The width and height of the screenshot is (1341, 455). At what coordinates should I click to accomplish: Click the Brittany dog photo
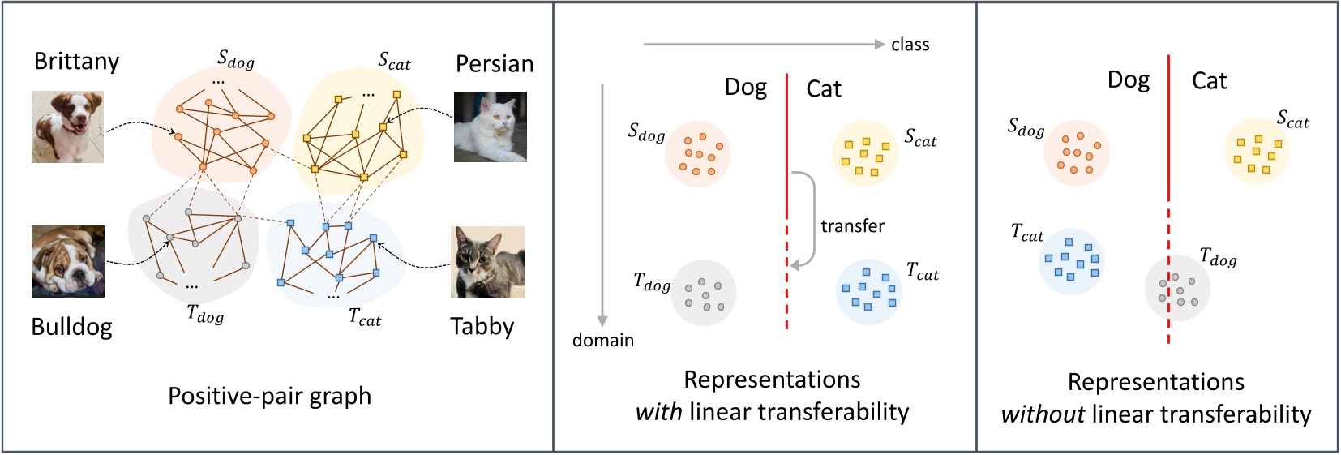pos(67,127)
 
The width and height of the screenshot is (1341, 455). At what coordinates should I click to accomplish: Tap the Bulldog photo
pos(68,261)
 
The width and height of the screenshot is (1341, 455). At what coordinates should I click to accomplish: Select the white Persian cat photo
pos(491,127)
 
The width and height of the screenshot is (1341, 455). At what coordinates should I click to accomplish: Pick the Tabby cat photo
pos(487,262)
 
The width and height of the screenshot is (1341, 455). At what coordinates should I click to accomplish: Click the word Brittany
pos(76,62)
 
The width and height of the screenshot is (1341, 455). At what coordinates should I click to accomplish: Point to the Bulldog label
pos(71,327)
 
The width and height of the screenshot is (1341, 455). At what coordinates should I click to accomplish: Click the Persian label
pos(495,64)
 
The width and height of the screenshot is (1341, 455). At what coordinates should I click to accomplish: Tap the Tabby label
pos(482,327)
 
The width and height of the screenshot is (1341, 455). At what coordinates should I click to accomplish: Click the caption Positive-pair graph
pos(269,396)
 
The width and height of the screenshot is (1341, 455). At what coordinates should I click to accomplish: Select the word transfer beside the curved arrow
pos(852,226)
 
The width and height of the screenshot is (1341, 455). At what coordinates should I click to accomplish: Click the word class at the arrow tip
pos(910,45)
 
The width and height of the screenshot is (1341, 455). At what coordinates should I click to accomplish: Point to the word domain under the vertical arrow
pos(603,341)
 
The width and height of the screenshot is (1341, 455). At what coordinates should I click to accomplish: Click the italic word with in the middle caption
pos(658,412)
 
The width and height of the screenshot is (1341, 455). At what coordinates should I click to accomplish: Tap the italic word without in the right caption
pos(1043,414)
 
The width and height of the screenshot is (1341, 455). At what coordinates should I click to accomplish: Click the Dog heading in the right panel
pos(1129,80)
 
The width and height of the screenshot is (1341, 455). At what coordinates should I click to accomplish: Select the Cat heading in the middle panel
pos(824,88)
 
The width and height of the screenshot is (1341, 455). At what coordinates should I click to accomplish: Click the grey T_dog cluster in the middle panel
pos(703,293)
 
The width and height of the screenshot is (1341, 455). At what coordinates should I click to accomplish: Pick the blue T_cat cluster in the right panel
pos(1072,262)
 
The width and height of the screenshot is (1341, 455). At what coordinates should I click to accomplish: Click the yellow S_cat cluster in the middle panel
pos(864,154)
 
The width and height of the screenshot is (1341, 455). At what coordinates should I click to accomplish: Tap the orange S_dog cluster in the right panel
pos(1077,153)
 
